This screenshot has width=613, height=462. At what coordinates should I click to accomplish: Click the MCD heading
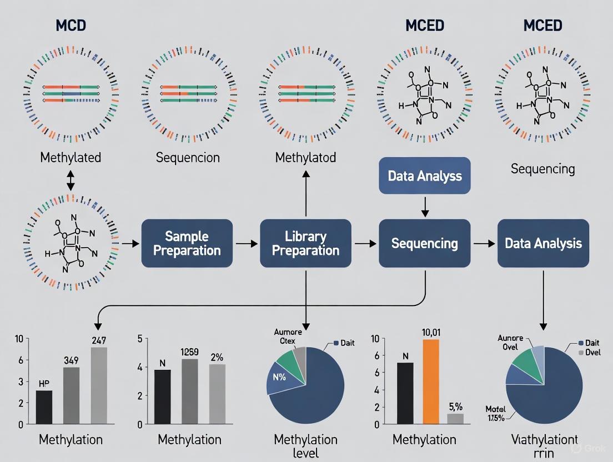tap(71, 26)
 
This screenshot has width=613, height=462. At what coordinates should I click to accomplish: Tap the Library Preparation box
tap(305, 244)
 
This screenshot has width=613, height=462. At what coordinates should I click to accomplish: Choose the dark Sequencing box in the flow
tap(425, 244)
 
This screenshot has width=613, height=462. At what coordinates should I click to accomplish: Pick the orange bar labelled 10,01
tap(431, 381)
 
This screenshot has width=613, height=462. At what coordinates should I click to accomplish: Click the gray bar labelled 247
tap(99, 385)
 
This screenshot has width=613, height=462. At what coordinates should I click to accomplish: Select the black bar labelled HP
tap(44, 407)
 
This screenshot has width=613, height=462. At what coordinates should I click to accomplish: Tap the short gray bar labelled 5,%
tap(455, 419)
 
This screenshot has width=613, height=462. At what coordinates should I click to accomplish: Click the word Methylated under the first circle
tap(71, 158)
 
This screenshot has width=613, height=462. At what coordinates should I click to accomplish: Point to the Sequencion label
tap(188, 158)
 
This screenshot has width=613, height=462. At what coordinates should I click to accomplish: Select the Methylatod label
tap(305, 158)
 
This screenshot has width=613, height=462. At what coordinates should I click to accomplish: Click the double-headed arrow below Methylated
tap(71, 180)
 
